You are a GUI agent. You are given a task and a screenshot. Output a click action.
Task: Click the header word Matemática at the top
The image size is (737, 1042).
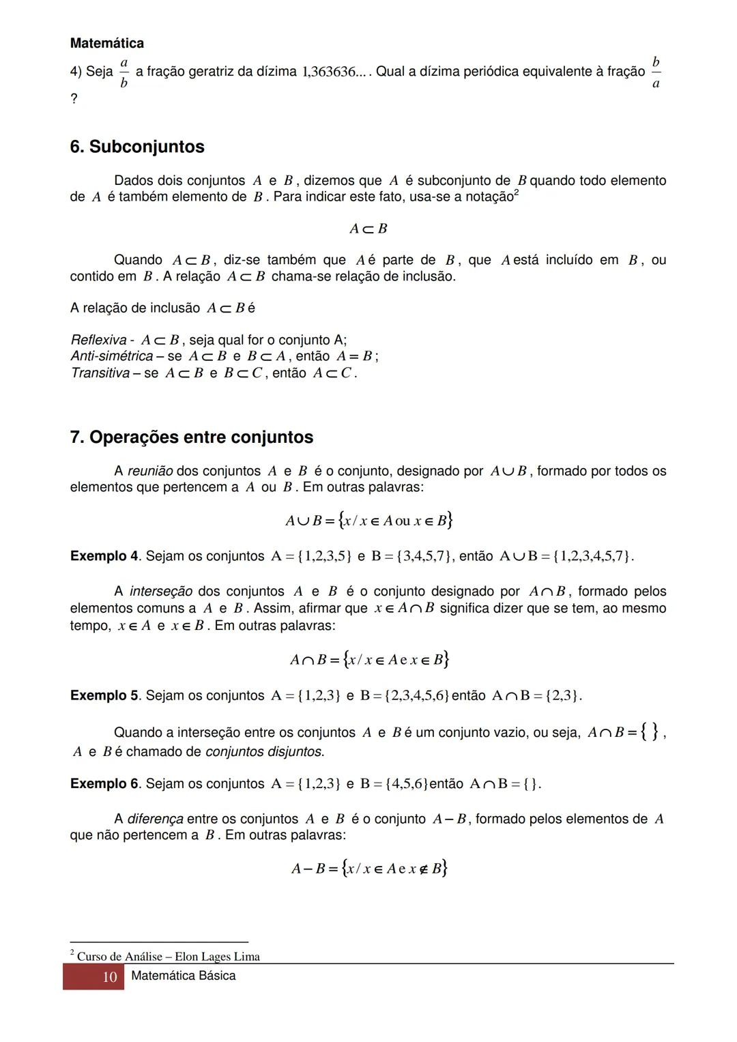(x=106, y=44)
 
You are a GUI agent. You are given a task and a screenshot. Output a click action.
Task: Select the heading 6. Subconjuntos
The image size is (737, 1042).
(x=137, y=147)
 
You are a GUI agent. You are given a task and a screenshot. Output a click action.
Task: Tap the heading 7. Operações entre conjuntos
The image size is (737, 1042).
(x=192, y=437)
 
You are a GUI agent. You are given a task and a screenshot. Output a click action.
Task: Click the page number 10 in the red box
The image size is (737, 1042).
(x=109, y=977)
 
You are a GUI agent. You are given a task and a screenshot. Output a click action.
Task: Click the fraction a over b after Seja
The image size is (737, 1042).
(x=124, y=72)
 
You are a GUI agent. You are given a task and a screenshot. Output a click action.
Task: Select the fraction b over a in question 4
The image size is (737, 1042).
(x=656, y=72)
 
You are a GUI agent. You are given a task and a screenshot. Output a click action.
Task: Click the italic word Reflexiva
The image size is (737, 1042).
(x=98, y=340)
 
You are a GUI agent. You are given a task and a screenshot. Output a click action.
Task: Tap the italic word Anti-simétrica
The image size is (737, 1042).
(x=112, y=356)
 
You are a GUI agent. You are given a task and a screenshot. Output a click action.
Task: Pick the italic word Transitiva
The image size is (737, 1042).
(x=100, y=373)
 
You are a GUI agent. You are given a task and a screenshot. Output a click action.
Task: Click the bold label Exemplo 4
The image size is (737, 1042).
(x=104, y=556)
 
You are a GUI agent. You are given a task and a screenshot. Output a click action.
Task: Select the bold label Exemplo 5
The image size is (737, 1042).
(x=104, y=696)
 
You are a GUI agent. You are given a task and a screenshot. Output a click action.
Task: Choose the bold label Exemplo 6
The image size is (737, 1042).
(x=104, y=784)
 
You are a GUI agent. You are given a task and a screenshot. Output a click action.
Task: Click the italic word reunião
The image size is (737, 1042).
(x=150, y=472)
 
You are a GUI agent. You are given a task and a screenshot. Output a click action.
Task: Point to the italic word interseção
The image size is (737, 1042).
(x=160, y=592)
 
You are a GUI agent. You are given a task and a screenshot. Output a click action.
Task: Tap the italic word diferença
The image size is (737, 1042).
(x=156, y=819)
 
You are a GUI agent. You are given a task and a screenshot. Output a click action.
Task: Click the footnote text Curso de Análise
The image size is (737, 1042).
(x=119, y=957)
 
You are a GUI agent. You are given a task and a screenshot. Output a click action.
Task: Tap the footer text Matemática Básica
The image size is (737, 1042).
(x=183, y=976)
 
